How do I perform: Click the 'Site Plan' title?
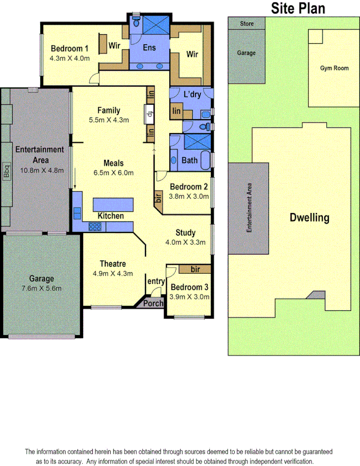click(298, 8)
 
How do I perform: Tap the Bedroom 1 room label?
click(69, 49)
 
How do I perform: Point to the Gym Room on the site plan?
click(334, 68)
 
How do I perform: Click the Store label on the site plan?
click(246, 24)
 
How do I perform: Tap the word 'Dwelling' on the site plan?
click(309, 218)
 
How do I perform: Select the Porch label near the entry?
click(154, 303)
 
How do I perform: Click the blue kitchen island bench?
click(113, 205)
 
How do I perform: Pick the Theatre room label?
click(112, 264)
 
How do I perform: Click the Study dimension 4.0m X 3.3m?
click(185, 242)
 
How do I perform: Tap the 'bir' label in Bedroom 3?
click(195, 270)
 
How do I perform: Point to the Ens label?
click(150, 47)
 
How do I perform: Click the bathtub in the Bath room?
click(204, 161)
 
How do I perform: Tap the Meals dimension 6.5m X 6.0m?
click(113, 173)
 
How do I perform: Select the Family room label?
click(109, 111)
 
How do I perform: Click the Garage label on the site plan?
click(246, 53)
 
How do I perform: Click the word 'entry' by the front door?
click(156, 281)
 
